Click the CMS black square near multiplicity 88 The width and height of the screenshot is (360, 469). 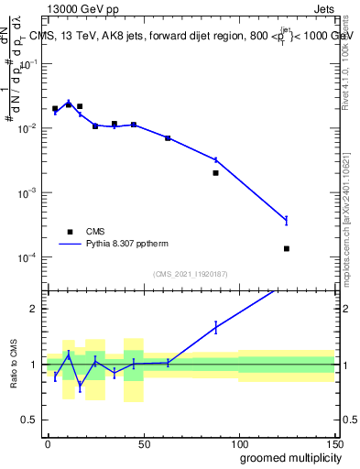click(x=215, y=172)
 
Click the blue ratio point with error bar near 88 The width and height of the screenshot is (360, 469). click(x=215, y=326)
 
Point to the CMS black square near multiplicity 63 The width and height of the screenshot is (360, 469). click(x=168, y=138)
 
